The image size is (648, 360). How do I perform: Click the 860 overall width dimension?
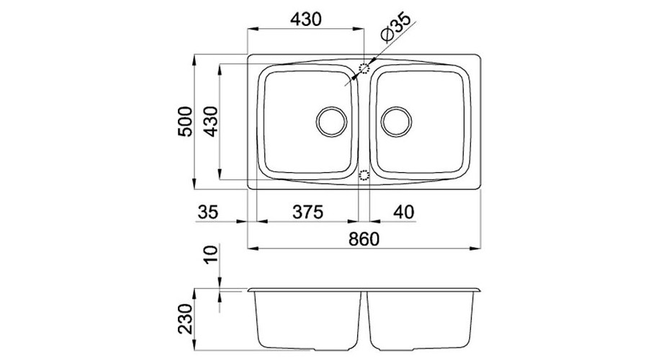pyautogui.click(x=364, y=239)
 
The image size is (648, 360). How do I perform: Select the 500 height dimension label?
pyautogui.click(x=185, y=122)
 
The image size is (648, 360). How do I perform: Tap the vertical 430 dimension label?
pyautogui.click(x=211, y=122)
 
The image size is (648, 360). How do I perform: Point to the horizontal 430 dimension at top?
pyautogui.click(x=305, y=19)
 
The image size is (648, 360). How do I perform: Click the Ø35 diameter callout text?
pyautogui.click(x=396, y=27)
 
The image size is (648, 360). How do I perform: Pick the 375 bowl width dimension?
pyautogui.click(x=307, y=212)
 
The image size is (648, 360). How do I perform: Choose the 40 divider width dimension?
pyautogui.click(x=403, y=212)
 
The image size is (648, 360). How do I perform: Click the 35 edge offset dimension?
pyautogui.click(x=207, y=212)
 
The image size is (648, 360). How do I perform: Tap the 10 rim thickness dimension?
pyautogui.click(x=211, y=255)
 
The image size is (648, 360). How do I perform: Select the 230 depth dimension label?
pyautogui.click(x=185, y=319)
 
